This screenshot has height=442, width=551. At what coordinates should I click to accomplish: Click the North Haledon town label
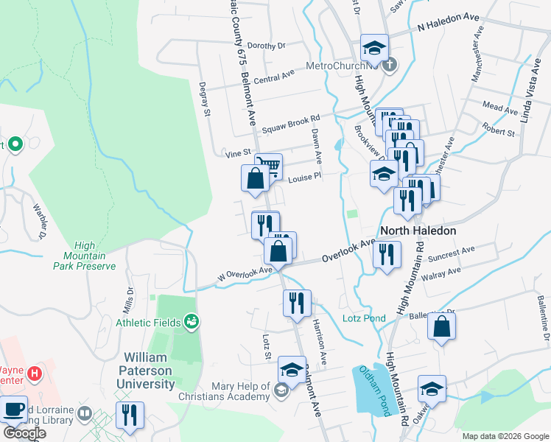(418, 231)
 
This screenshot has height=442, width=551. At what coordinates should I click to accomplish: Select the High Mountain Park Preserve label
(85, 256)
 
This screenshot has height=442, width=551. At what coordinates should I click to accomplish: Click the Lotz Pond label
(364, 318)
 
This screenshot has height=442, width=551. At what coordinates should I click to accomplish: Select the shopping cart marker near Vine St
(269, 166)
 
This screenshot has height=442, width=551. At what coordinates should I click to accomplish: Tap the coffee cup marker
(14, 410)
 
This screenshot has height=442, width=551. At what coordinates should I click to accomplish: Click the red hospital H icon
(34, 374)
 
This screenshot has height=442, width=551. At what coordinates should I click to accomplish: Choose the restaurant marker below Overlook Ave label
(387, 255)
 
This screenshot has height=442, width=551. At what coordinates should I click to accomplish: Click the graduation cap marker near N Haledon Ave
(374, 48)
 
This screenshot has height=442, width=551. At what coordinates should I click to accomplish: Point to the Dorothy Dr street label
(265, 46)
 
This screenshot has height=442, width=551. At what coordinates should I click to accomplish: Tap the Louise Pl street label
(305, 178)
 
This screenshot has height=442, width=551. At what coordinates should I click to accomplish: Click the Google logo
(24, 434)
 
